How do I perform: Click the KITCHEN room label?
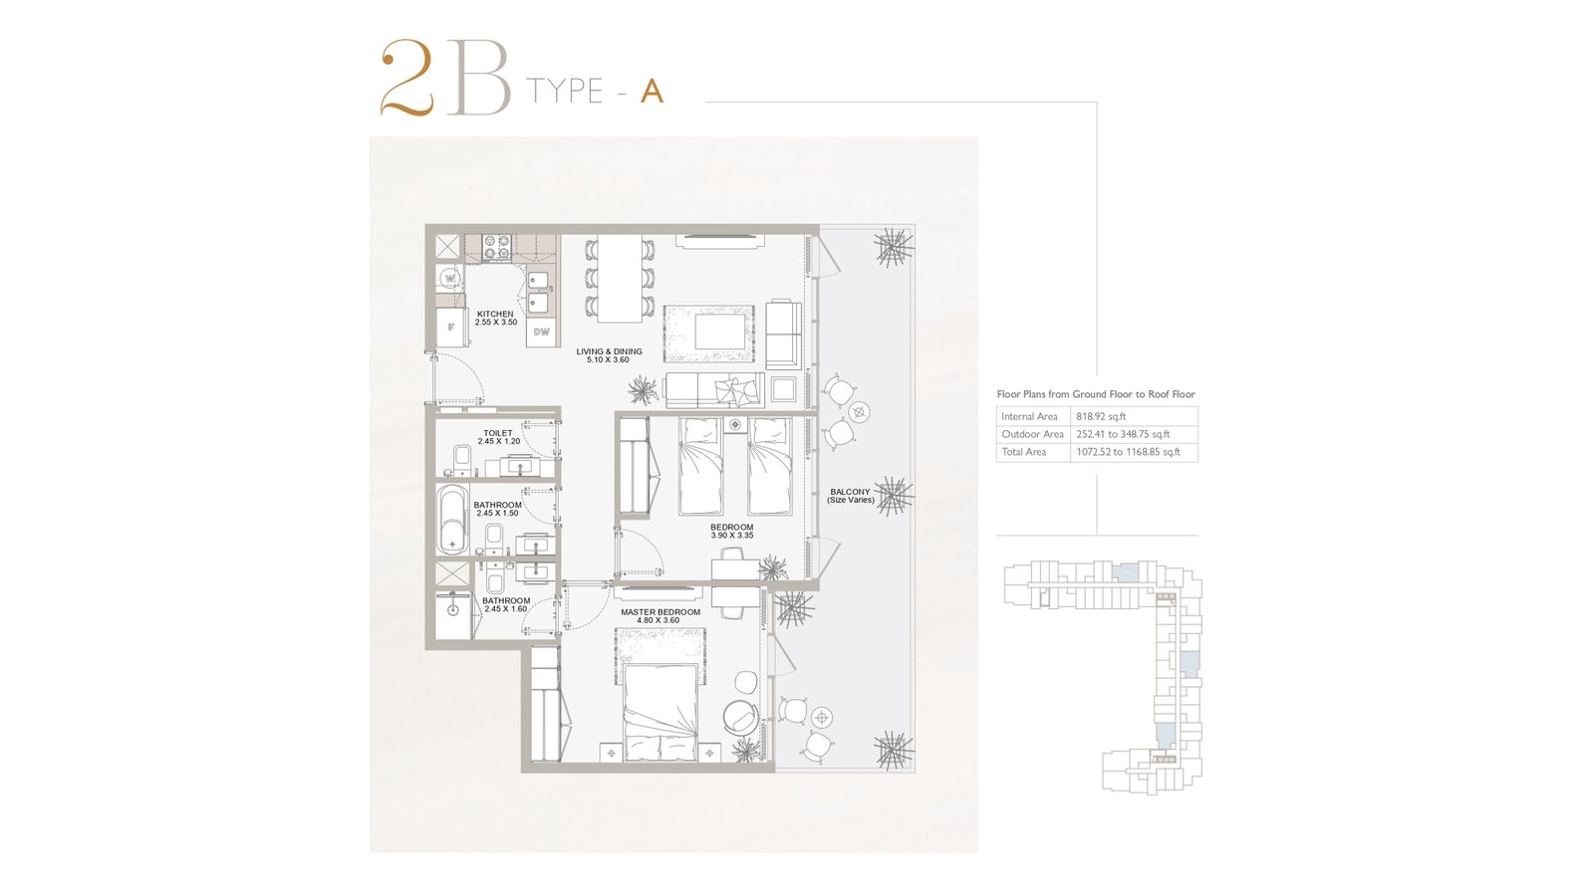495,315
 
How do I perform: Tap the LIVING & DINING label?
609,351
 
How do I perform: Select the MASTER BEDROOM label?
661,612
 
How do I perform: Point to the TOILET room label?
498,433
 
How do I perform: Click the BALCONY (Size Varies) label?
851,496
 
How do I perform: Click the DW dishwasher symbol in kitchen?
542,333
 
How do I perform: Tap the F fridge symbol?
450,328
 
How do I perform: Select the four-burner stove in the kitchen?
497,248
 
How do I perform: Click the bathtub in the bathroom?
449,519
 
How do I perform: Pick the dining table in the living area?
620,278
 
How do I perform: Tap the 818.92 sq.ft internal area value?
1101,417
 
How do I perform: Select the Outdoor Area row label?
1032,434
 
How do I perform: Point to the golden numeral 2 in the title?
407,78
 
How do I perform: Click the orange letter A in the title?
652,91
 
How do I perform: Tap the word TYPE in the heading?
564,91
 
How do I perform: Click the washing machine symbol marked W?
449,280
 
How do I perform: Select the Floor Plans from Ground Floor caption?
1096,394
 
